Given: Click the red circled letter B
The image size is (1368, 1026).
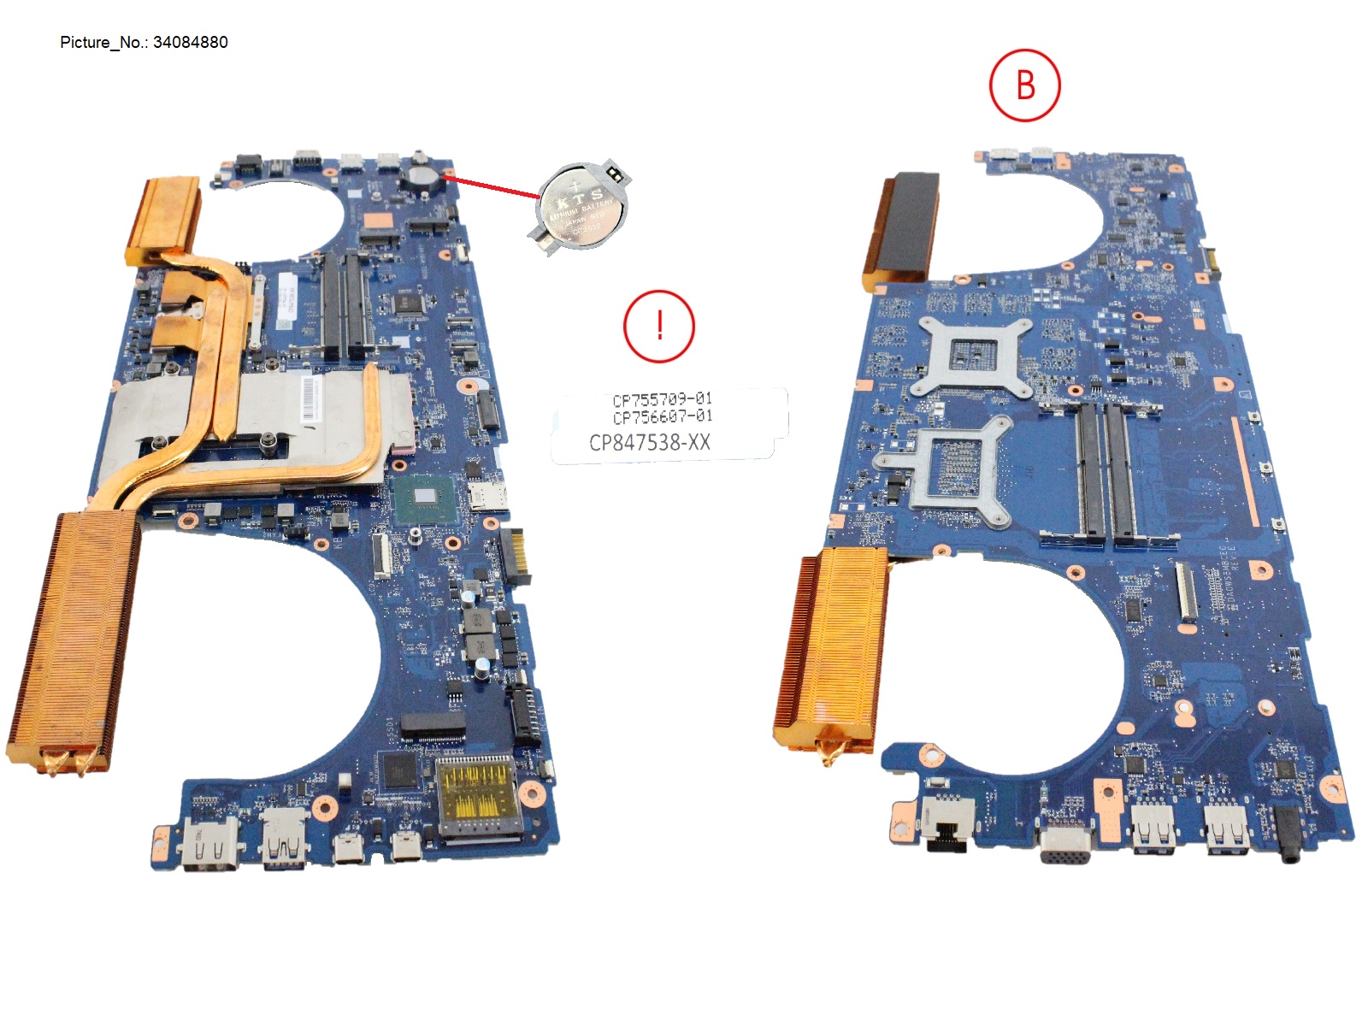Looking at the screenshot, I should [x=1024, y=85].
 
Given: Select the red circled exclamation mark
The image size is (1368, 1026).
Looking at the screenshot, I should [x=659, y=326].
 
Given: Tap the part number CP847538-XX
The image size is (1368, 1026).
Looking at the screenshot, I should [x=649, y=442].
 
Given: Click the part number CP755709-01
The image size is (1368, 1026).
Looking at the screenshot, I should [x=662, y=399].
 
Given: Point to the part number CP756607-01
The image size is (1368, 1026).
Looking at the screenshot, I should [x=662, y=416].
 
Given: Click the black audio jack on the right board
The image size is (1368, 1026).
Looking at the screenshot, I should [x=1288, y=834].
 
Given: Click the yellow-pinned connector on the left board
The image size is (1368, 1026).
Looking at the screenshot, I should [x=475, y=795].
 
